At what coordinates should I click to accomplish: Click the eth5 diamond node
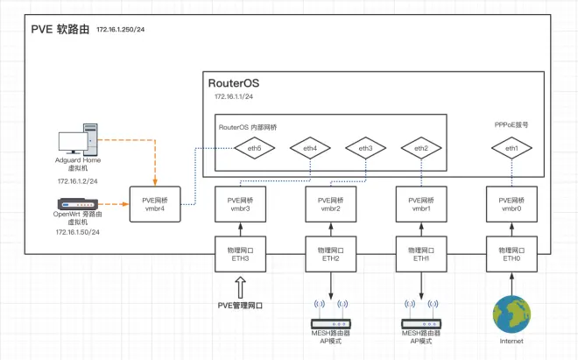tap(254, 148)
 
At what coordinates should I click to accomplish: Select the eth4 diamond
tap(310, 148)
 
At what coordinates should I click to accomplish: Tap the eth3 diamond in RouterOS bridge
tap(366, 148)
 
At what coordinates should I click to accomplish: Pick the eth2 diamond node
tap(421, 148)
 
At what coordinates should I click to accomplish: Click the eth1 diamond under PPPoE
tap(511, 148)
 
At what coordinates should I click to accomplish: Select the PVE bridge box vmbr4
tap(155, 204)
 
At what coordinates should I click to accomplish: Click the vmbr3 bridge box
tap(240, 204)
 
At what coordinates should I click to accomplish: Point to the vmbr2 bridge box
tap(331, 204)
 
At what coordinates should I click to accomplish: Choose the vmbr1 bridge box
tap(421, 204)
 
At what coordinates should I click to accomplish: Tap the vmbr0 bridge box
tap(511, 204)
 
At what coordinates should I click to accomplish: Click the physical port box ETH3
tap(240, 254)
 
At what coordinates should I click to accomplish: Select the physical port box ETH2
tap(331, 254)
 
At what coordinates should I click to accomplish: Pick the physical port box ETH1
tap(421, 254)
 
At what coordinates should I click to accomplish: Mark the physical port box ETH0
tap(511, 254)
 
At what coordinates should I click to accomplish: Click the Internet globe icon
tap(511, 314)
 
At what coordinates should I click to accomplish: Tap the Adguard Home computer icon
tap(78, 139)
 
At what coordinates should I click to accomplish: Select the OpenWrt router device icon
tap(78, 204)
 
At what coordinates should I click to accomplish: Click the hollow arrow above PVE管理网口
tap(240, 287)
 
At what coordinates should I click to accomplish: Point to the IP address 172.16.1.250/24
tap(121, 30)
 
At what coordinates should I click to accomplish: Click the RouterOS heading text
tap(234, 83)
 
